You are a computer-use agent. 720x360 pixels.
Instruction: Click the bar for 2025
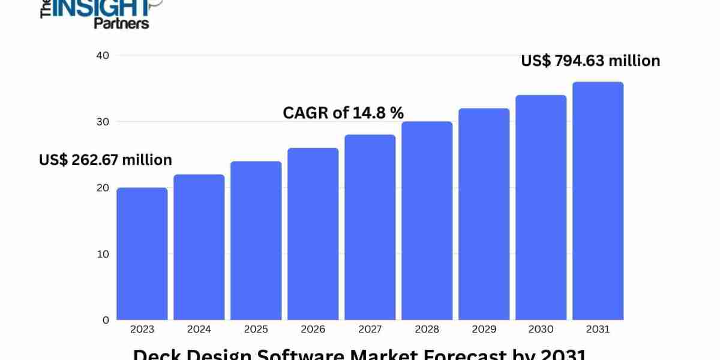256,241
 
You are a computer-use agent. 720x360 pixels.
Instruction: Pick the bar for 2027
370,227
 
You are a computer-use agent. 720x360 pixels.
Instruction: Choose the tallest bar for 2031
598,201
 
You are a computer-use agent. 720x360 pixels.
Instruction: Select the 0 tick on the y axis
106,320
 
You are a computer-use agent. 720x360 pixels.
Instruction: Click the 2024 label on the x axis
199,329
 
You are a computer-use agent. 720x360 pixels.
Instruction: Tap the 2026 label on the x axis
313,329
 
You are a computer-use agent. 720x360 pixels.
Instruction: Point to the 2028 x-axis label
427,329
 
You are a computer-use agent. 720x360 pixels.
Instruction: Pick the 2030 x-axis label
541,329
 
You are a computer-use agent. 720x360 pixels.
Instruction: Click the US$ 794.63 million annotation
590,61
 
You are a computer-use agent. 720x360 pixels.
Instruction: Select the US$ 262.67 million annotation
106,160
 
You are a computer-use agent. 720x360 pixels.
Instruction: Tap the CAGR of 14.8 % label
343,112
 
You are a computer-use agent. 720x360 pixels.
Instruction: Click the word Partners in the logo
121,23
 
